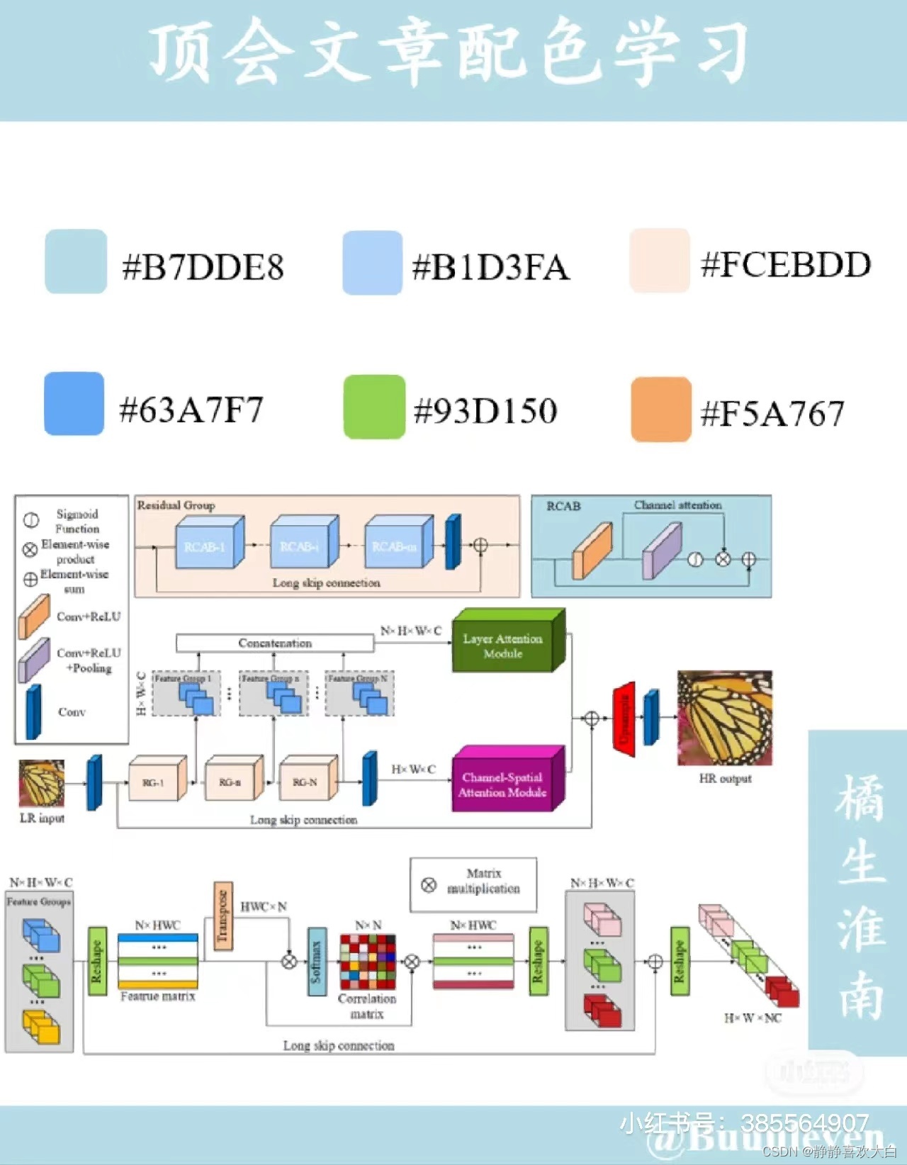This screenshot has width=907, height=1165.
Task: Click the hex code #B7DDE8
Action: point(203,267)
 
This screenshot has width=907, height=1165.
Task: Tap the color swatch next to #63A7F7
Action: point(74,403)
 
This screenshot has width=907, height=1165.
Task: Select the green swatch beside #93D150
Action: point(374,407)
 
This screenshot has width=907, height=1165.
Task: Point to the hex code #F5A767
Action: point(772,413)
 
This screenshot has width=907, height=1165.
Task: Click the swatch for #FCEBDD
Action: point(659,260)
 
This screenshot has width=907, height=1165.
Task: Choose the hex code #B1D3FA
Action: point(491,267)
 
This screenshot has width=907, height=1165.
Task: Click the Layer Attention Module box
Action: point(503,645)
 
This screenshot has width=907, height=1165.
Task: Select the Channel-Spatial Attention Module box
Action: point(503,784)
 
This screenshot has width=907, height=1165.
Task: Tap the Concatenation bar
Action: point(275,643)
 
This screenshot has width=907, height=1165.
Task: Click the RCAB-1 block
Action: point(205,546)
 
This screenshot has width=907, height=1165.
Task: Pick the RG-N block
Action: point(306,781)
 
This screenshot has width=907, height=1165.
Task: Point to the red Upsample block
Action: point(624,718)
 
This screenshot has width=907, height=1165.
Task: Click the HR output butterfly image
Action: point(724,718)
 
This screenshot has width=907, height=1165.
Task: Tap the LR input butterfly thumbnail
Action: point(41,783)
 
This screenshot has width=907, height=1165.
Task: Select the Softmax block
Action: point(317,961)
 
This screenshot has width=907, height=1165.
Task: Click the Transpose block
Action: point(222,916)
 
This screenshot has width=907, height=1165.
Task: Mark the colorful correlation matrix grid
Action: point(367,962)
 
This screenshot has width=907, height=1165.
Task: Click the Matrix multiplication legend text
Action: point(483,881)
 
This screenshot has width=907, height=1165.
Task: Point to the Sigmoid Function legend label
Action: point(77,521)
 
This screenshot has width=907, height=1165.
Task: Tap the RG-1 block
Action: point(154,781)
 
